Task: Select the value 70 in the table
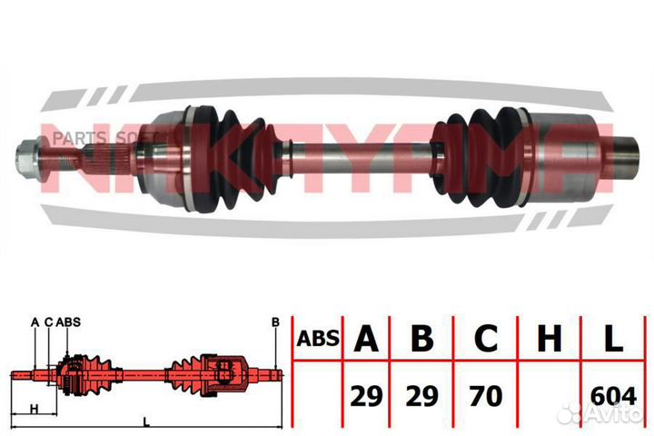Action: (x=486, y=395)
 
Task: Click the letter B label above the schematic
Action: (x=273, y=322)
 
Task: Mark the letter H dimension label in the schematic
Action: (x=33, y=408)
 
